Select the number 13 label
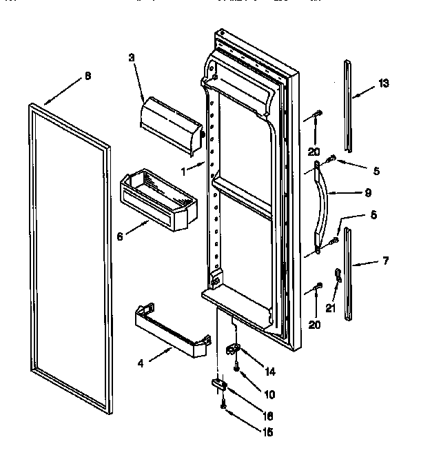coord(384,83)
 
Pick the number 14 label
coord(270,372)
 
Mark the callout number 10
coord(269,395)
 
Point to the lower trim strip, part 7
coord(349,276)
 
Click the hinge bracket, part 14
coord(234,352)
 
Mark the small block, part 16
coord(220,385)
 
